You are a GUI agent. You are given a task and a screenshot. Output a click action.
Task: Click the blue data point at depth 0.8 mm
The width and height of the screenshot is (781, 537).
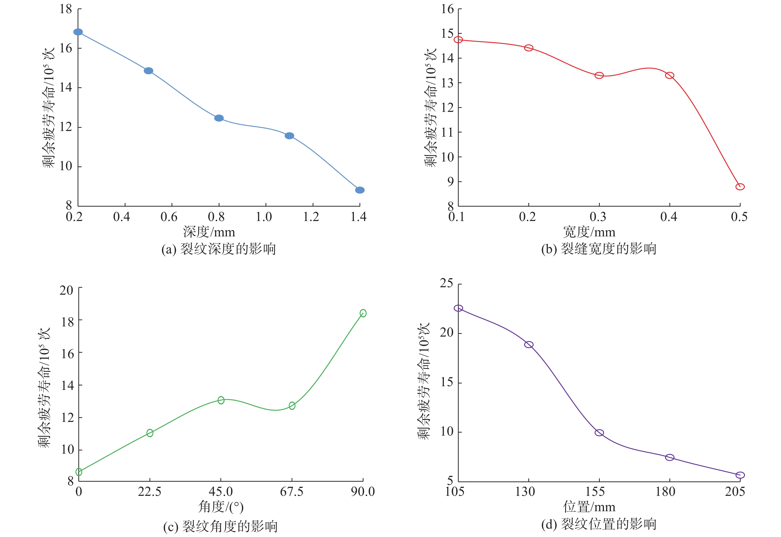pos(219,118)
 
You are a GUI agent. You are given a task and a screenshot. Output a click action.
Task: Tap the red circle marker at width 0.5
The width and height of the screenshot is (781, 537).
pos(740,187)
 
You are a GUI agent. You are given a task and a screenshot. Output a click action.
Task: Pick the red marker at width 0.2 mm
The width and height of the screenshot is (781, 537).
pos(529,48)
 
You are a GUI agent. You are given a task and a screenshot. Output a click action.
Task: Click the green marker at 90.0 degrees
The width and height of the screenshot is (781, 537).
pos(363,313)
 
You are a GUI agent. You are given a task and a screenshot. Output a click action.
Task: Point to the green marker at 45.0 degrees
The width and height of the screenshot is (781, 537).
pos(221,400)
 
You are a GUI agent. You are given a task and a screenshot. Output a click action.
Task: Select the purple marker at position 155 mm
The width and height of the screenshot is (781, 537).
pos(599,433)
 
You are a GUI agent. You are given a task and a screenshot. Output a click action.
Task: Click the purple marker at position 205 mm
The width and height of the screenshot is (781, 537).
pos(740,475)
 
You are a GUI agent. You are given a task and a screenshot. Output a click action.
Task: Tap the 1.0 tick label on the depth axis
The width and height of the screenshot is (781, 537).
pos(264,217)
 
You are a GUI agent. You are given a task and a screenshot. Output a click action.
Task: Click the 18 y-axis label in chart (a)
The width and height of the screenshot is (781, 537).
pos(66,9)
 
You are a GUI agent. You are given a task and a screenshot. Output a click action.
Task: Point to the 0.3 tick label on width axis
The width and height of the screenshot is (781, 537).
pos(598,217)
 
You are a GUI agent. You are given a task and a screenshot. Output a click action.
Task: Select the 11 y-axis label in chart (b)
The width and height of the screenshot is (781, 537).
pos(447,132)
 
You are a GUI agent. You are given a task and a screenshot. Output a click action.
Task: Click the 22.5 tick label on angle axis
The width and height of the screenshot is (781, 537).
pos(149,492)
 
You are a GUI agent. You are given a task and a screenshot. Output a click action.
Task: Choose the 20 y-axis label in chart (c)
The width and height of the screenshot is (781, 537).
pos(67,290)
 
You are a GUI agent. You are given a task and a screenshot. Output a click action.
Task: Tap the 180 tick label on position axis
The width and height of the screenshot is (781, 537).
pos(665,492)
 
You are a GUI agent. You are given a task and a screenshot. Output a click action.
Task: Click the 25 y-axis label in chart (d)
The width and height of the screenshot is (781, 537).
pos(447,283)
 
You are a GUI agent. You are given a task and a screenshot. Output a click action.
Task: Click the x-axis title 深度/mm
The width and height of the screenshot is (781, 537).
pos(209,232)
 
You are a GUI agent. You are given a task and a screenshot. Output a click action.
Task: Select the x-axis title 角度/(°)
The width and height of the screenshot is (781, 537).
pos(221,507)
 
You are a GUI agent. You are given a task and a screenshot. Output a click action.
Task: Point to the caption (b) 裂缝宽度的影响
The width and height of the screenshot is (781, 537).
pos(599,249)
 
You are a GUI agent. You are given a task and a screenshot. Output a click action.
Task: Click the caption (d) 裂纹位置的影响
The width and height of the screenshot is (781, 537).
pos(599,524)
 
